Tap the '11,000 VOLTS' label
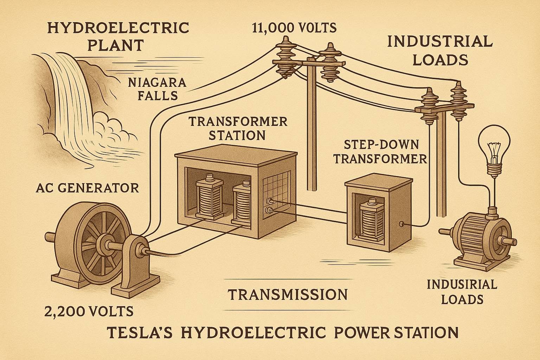tap(294, 27)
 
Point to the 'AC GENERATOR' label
tap(87, 188)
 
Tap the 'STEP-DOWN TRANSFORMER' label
tap(380, 152)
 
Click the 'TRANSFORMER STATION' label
tap(238, 128)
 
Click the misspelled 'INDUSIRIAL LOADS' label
tap(462, 291)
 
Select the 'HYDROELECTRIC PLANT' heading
tap(118, 36)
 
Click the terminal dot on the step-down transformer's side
tap(401, 224)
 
